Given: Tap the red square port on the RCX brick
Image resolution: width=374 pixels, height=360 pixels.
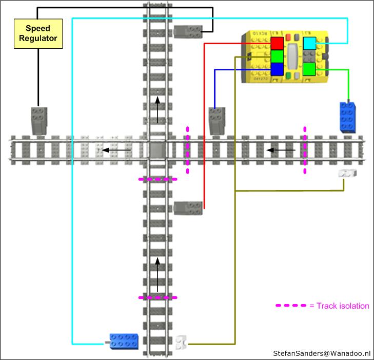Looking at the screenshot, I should pyautogui.click(x=278, y=43).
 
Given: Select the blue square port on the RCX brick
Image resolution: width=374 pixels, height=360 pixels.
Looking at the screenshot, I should pyautogui.click(x=278, y=69).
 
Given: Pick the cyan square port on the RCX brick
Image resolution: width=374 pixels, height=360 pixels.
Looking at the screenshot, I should pyautogui.click(x=310, y=43).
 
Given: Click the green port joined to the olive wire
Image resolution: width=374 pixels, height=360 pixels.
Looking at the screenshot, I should pyautogui.click(x=278, y=56).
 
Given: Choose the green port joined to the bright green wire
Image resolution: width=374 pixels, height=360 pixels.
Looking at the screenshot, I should pyautogui.click(x=310, y=69).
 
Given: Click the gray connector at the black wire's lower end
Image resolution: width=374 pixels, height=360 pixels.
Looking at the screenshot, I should pyautogui.click(x=38, y=121).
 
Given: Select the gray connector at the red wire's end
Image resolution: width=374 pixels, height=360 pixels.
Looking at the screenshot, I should pyautogui.click(x=188, y=208).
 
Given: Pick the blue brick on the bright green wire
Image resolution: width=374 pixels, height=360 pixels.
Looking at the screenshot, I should pyautogui.click(x=347, y=118).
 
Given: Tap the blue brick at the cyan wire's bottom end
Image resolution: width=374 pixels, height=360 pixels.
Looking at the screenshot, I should pyautogui.click(x=124, y=339).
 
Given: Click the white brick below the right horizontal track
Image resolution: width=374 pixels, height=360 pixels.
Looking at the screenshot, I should pyautogui.click(x=347, y=174).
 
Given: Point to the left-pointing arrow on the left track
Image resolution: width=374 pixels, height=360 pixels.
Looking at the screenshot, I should pyautogui.click(x=116, y=150).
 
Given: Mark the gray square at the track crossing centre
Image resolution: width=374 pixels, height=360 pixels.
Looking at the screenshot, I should pyautogui.click(x=158, y=150).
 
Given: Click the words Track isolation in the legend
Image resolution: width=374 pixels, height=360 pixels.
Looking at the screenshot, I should pyautogui.click(x=343, y=306).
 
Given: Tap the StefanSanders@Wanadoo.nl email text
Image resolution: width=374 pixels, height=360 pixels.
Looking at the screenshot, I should pyautogui.click(x=321, y=353).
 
